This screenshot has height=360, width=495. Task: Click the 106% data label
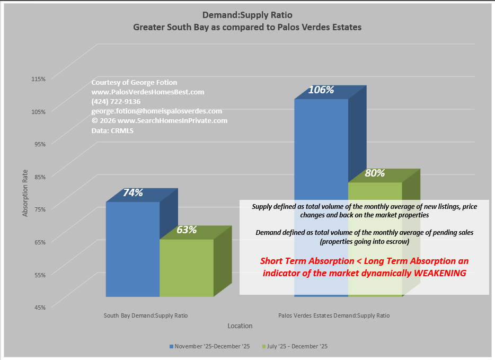(321, 90)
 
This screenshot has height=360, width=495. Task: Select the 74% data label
(133, 193)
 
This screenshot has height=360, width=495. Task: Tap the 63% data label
(187, 230)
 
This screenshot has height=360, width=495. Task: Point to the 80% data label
(375, 173)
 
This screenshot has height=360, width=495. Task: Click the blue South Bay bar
(132, 249)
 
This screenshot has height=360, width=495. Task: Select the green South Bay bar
(187, 268)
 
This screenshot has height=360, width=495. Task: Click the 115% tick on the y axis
(39, 78)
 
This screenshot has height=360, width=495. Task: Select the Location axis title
(240, 326)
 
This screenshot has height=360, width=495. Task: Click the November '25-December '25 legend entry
(209, 346)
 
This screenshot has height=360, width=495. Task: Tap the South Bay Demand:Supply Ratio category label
(146, 315)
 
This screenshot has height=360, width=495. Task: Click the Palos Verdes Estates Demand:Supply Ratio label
(334, 315)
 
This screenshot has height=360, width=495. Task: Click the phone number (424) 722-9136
(116, 102)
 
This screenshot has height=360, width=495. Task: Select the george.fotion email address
(156, 111)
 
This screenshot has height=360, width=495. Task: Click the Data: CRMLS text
(112, 130)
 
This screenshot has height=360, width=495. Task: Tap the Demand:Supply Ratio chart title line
(247, 15)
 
